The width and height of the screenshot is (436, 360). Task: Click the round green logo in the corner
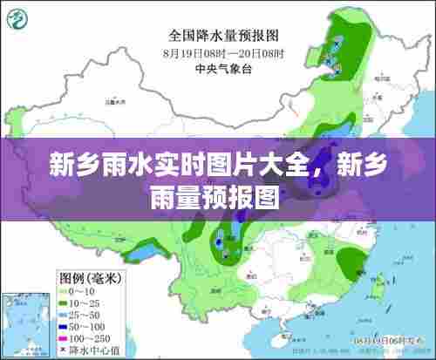click(x=18, y=19)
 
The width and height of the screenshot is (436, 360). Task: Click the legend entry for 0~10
click(x=76, y=290)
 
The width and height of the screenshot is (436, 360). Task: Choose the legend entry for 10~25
click(x=78, y=302)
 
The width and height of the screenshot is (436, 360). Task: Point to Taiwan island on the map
click(x=381, y=283)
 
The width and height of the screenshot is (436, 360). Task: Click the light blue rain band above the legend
click(x=140, y=254)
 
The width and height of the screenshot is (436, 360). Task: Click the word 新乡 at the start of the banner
click(x=71, y=163)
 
